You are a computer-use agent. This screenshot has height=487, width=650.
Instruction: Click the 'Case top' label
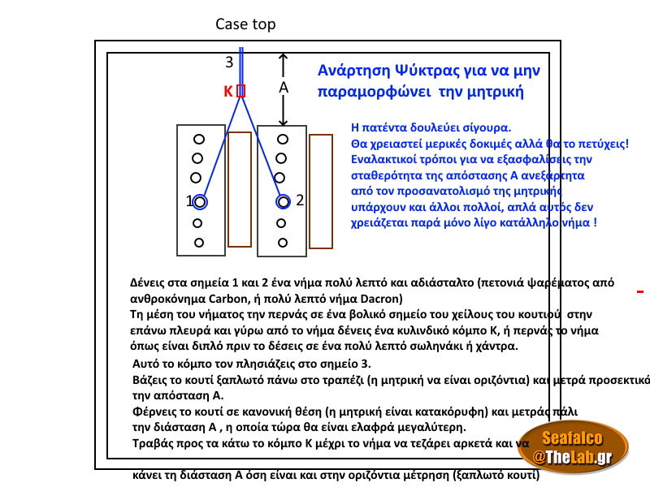[x=245, y=24]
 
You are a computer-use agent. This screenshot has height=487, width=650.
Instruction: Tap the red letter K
[x=228, y=92]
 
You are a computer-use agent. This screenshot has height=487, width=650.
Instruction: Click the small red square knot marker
[x=240, y=91]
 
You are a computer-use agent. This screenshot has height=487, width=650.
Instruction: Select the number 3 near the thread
[x=229, y=62]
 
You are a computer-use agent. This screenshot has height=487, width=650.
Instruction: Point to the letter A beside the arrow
[x=284, y=87]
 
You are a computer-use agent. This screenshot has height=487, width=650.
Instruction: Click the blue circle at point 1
[x=201, y=202]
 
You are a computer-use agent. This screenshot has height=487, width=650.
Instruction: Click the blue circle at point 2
[x=283, y=201]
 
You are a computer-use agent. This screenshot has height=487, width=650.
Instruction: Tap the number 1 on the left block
[x=188, y=201]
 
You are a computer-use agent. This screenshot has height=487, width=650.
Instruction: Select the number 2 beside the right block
[x=300, y=200]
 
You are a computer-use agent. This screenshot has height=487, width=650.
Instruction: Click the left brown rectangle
[x=240, y=188]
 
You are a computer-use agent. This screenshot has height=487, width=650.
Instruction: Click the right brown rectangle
[x=321, y=191]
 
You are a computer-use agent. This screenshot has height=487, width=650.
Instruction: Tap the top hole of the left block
[x=198, y=140]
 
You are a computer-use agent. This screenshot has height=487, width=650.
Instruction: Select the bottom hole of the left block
[x=198, y=242]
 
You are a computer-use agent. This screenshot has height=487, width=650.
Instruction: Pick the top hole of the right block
[x=282, y=140]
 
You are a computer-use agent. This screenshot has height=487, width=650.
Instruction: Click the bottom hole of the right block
[x=282, y=242]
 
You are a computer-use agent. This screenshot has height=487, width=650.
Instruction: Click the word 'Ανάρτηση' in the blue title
[x=351, y=71]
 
